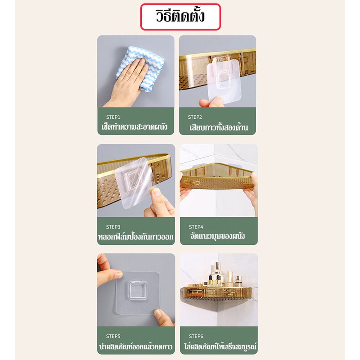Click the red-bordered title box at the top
tap(180, 17)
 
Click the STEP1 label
tap(113, 117)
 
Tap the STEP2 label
tap(195, 117)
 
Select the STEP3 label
tap(113, 227)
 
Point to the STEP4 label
tap(196, 227)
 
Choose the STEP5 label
tap(113, 336)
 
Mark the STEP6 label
tap(196, 336)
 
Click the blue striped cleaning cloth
tap(140, 68)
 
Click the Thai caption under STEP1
tap(134, 127)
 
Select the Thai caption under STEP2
tap(219, 127)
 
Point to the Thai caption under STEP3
tap(136, 237)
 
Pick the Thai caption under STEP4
tap(217, 236)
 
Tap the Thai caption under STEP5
tap(136, 346)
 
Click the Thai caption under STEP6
tap(220, 346)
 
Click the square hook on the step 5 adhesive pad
tap(138, 290)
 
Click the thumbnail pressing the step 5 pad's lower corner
tap(159, 313)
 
